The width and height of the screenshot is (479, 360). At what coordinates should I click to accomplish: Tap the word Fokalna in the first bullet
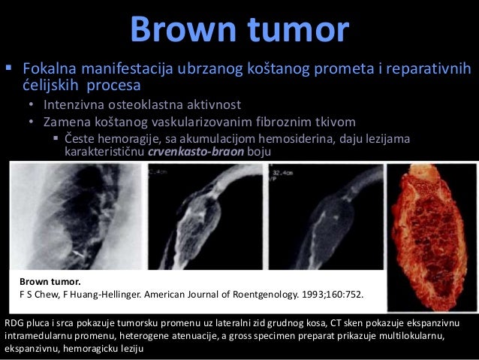(x=51, y=70)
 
